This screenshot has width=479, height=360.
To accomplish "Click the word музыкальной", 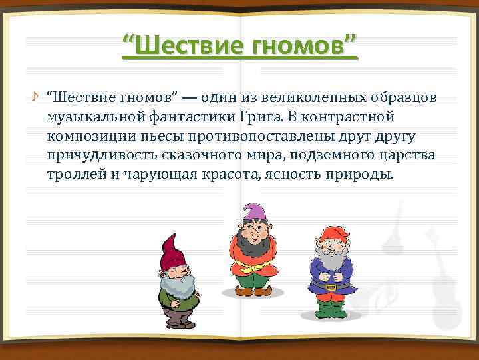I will (91, 117).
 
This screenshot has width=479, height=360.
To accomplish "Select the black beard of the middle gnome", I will (251, 244).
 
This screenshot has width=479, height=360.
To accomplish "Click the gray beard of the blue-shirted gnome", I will (330, 256).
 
